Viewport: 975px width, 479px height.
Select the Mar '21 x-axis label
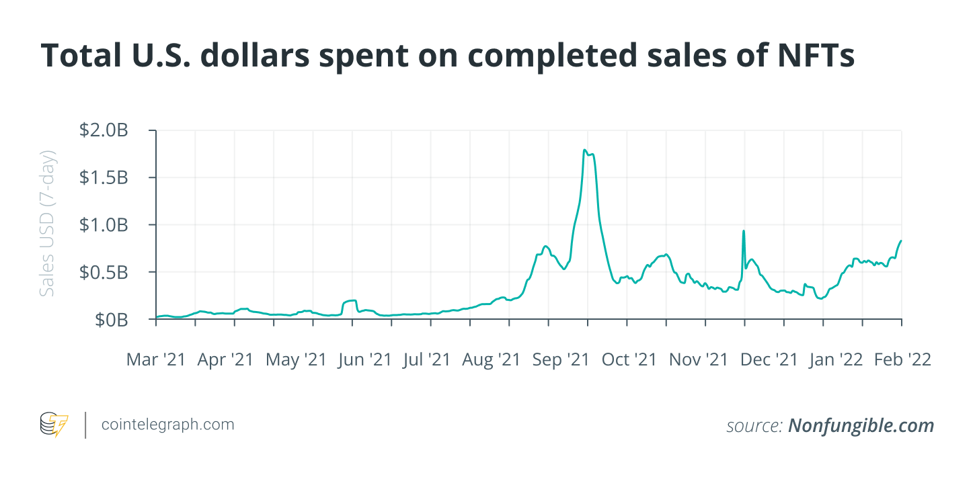pyautogui.click(x=156, y=360)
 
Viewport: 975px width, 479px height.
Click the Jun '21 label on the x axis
pyautogui.click(x=364, y=360)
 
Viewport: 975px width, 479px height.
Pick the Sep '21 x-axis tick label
pyautogui.click(x=561, y=360)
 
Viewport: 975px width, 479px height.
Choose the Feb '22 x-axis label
pyautogui.click(x=902, y=360)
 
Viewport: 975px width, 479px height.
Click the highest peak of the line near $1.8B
pyautogui.click(x=585, y=150)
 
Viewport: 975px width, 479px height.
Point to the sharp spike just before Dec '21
pyautogui.click(x=743, y=231)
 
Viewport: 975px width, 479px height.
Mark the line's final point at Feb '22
pyautogui.click(x=901, y=241)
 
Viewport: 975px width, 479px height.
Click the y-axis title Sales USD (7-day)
pyautogui.click(x=46, y=224)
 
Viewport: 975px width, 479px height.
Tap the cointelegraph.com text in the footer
pyautogui.click(x=167, y=425)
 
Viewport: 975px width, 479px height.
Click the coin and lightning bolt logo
pyautogui.click(x=54, y=425)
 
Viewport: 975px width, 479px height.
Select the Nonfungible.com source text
pyautogui.click(x=861, y=425)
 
